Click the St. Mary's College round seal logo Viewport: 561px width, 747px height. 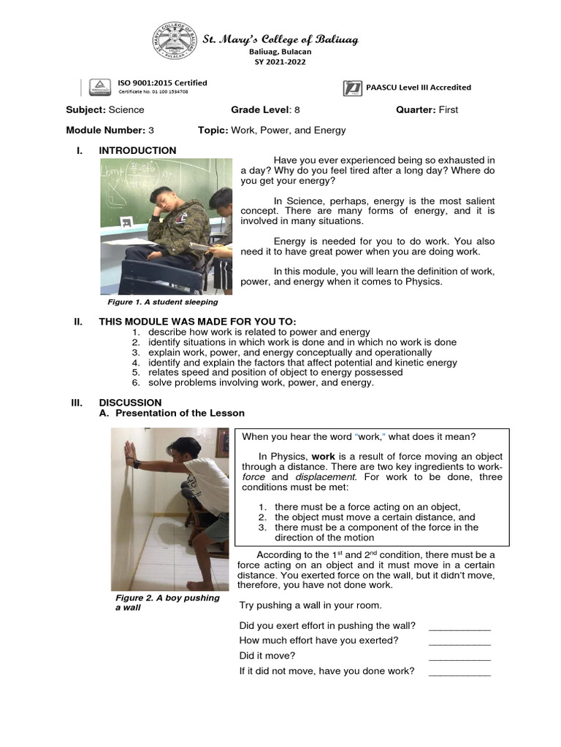(177, 43)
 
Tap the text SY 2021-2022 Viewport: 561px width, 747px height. (280, 62)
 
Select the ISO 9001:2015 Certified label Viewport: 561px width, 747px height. (162, 83)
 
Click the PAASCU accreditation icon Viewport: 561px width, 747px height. (351, 88)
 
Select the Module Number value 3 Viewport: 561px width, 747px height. (151, 131)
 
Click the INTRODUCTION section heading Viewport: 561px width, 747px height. (137, 150)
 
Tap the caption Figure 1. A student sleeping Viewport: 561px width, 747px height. (162, 301)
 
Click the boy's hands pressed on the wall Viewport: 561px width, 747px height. (131, 455)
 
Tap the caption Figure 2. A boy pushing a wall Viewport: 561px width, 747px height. (167, 603)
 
